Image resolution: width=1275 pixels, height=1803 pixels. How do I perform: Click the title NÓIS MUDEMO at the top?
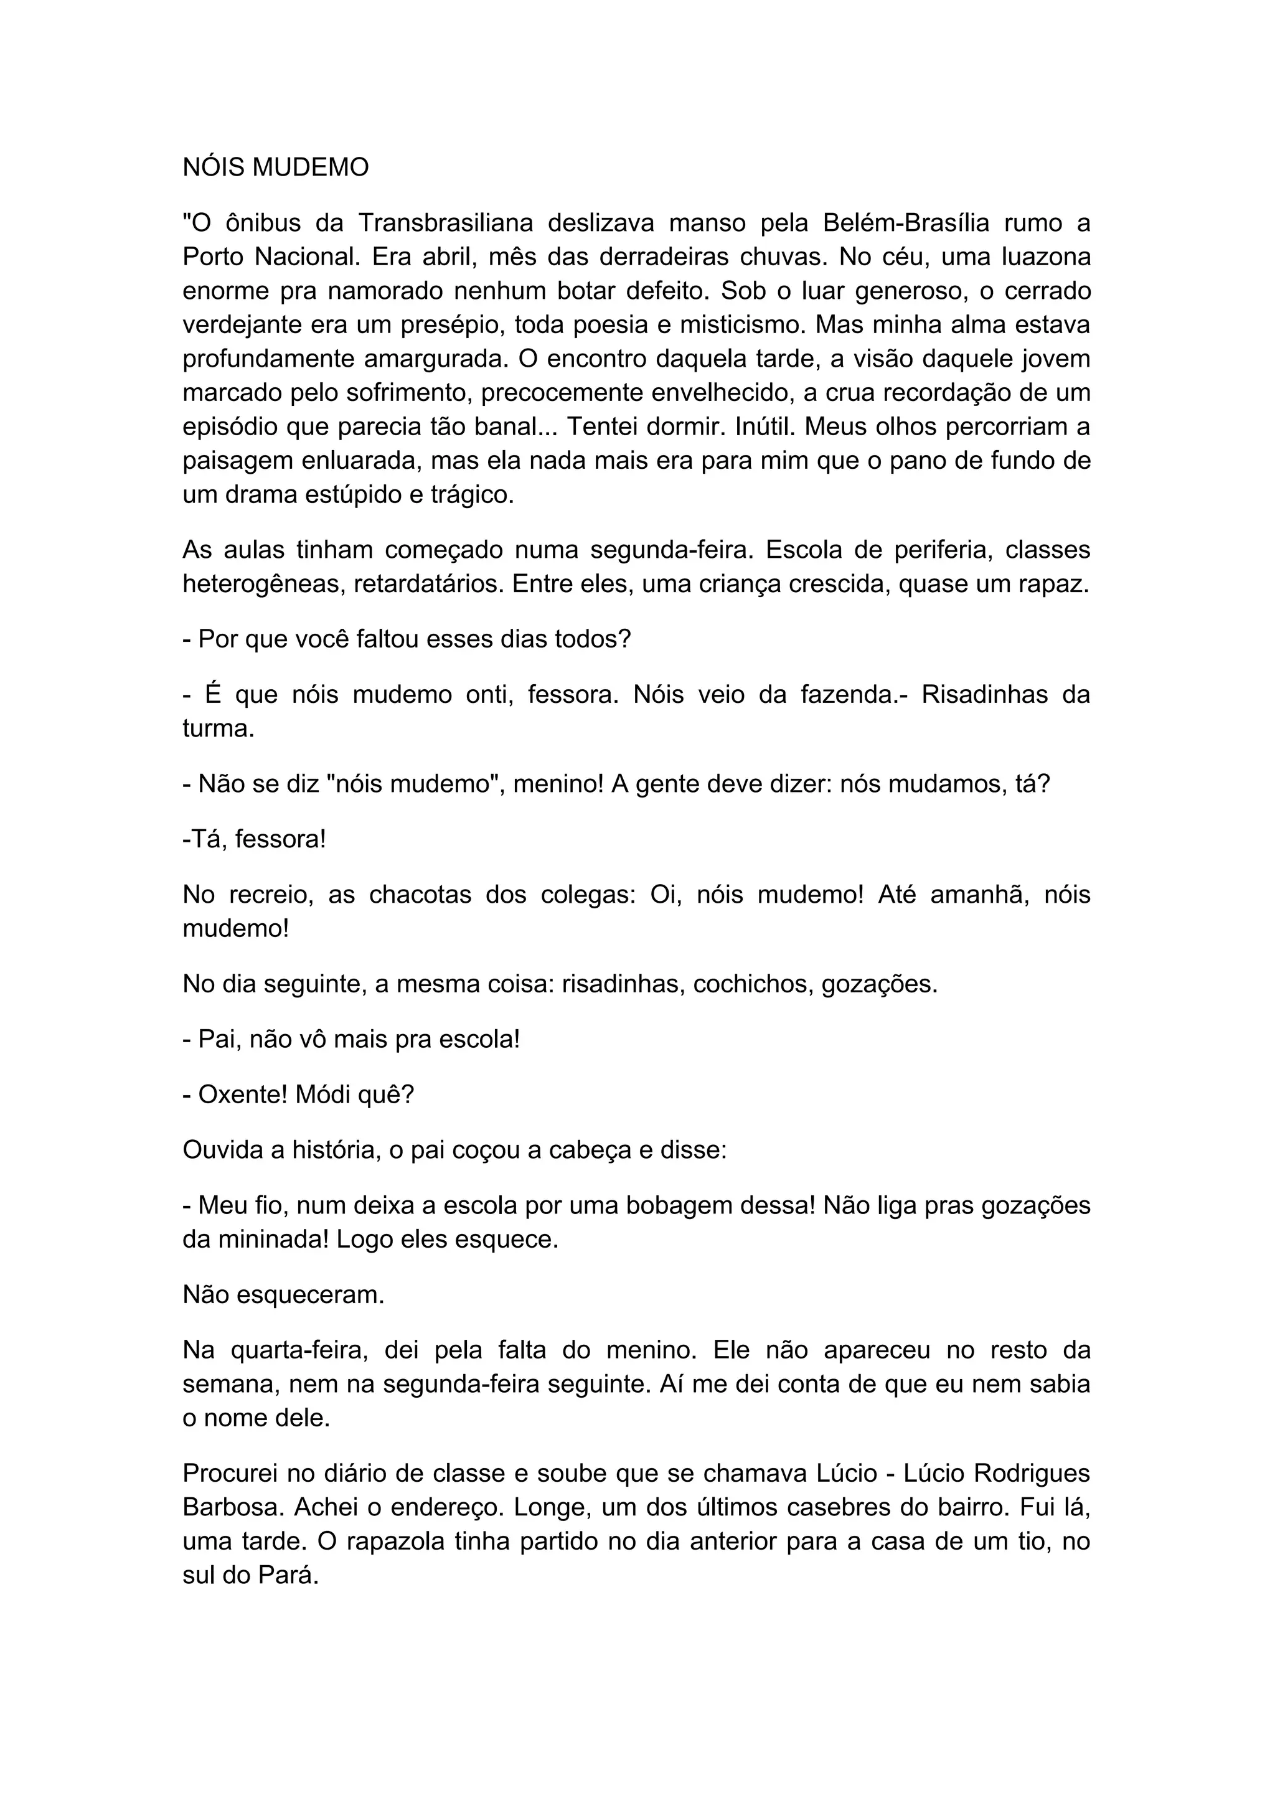click(x=276, y=167)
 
